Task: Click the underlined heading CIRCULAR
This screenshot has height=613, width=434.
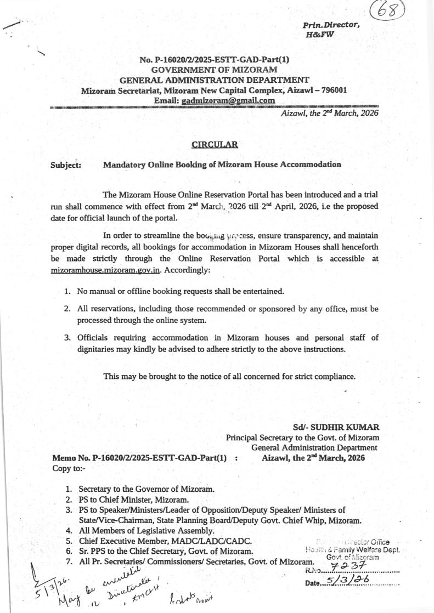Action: (x=214, y=145)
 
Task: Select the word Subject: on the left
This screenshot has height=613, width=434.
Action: (x=66, y=164)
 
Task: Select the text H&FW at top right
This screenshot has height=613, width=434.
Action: (x=320, y=35)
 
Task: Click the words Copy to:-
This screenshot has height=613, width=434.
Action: (x=69, y=468)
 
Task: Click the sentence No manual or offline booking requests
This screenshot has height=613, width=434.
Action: (x=181, y=291)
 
